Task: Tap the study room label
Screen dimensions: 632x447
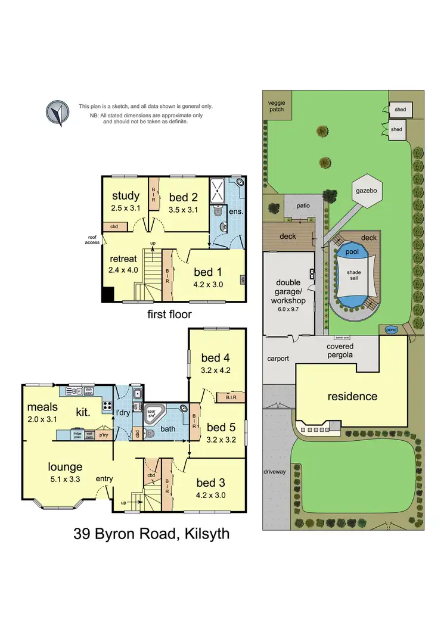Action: tap(126, 195)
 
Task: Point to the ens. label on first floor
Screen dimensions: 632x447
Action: tap(238, 210)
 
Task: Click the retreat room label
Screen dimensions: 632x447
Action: tap(123, 259)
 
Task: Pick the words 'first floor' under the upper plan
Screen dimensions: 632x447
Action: tap(169, 314)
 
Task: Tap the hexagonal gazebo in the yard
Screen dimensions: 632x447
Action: tap(367, 191)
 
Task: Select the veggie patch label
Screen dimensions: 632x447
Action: tap(276, 106)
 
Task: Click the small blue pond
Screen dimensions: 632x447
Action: tap(391, 329)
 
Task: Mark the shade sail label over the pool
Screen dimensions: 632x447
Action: tap(354, 275)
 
